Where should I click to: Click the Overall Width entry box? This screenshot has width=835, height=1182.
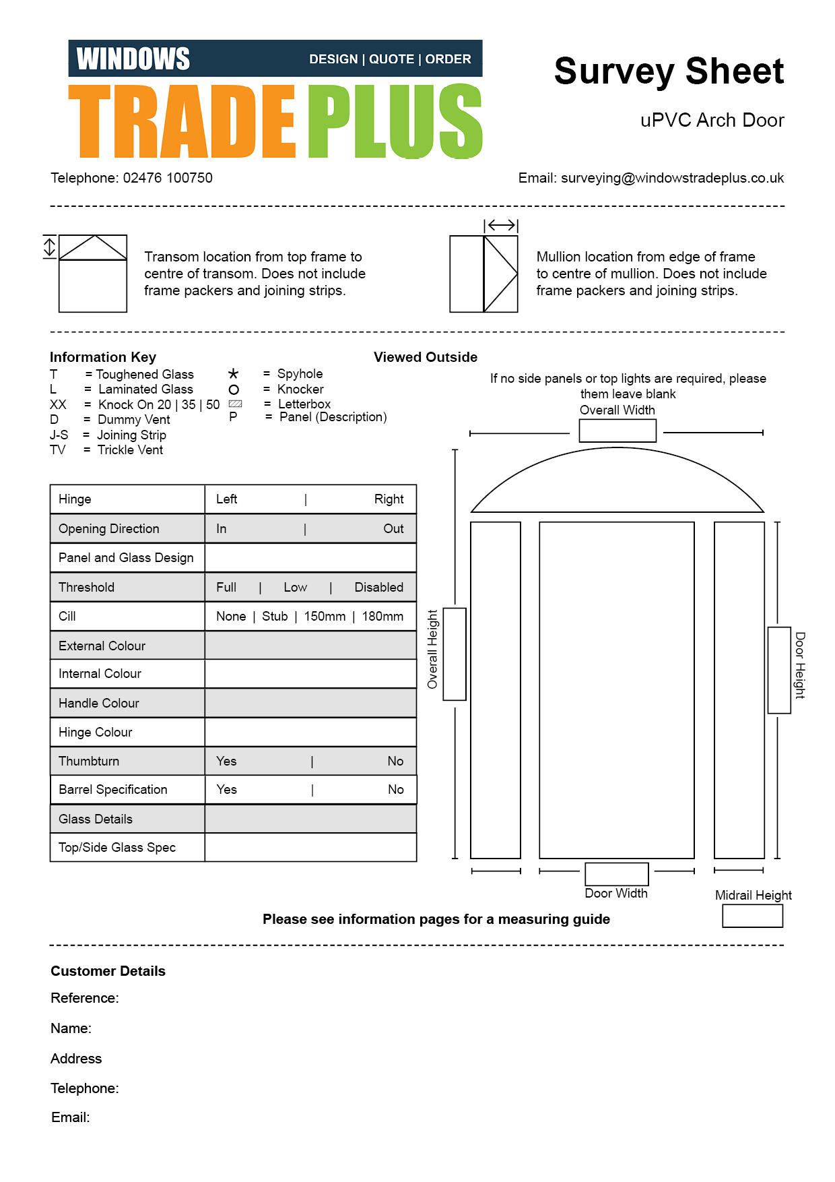pyautogui.click(x=617, y=431)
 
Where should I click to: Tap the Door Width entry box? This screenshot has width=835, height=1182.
pyautogui.click(x=616, y=874)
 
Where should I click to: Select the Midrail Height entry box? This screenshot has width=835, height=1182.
pyautogui.click(x=752, y=916)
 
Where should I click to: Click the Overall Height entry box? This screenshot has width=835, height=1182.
pyautogui.click(x=455, y=654)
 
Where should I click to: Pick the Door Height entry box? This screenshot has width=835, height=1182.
pyautogui.click(x=779, y=670)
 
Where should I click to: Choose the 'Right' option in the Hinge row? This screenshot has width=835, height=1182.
pyautogui.click(x=389, y=499)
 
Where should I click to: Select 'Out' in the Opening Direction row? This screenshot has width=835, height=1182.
pyautogui.click(x=393, y=529)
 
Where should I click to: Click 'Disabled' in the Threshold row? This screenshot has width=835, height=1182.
pyautogui.click(x=378, y=588)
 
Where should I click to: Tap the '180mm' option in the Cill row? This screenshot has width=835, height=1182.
pyautogui.click(x=382, y=617)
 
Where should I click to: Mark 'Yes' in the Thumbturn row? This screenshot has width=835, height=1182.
pyautogui.click(x=226, y=761)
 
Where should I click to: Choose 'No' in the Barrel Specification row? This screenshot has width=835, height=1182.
pyautogui.click(x=395, y=790)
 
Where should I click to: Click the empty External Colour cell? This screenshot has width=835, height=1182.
pyautogui.click(x=310, y=646)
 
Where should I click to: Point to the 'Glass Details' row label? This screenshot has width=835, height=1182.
pyautogui.click(x=96, y=819)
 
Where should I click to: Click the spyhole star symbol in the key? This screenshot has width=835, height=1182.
pyautogui.click(x=233, y=374)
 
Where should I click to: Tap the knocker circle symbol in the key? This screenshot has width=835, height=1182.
pyautogui.click(x=234, y=390)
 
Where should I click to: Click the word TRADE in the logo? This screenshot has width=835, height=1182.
pyautogui.click(x=182, y=122)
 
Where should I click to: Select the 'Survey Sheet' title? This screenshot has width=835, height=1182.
pyautogui.click(x=669, y=71)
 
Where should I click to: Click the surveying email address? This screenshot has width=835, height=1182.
pyautogui.click(x=672, y=178)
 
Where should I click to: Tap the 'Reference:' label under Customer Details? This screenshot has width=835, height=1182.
pyautogui.click(x=85, y=998)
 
